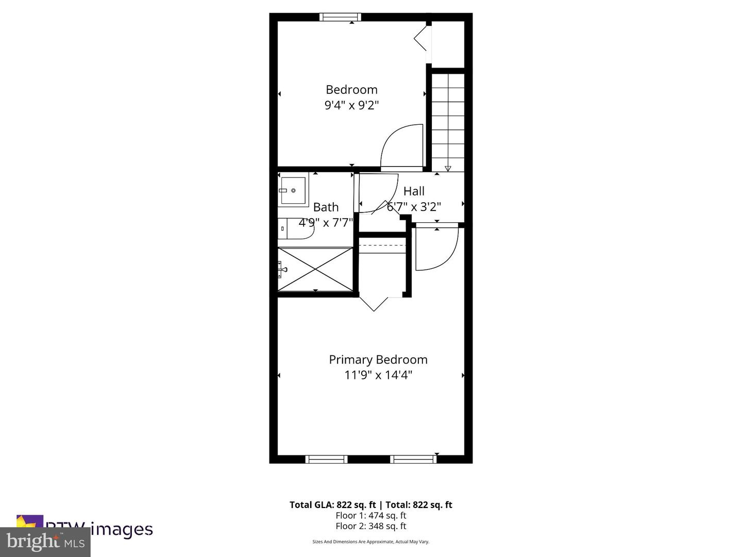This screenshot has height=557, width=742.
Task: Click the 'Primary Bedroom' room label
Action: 378,359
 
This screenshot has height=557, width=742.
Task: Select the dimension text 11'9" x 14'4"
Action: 378,375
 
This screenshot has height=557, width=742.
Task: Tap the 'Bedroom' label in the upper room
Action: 351,90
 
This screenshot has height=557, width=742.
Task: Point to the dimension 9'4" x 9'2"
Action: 351,105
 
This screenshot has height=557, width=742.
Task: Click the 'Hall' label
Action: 414,191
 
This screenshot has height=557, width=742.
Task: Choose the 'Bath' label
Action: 326,207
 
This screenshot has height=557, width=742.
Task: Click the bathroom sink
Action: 293,190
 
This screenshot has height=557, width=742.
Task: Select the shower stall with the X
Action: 315,269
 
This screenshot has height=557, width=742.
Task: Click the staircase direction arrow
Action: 448,168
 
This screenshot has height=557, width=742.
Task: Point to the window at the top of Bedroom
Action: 340,17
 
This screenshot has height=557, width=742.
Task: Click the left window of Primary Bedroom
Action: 326,459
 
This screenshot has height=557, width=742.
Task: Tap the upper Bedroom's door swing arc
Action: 402,146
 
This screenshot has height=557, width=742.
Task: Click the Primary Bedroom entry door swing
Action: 436,249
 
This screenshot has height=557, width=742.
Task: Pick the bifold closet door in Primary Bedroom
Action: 374,303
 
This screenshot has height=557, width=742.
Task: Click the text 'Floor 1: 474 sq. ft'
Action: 370,515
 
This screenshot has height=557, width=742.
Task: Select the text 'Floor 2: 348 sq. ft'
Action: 370,526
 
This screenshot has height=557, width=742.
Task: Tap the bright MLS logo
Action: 45,542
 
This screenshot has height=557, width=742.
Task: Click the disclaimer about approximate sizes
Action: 370,542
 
